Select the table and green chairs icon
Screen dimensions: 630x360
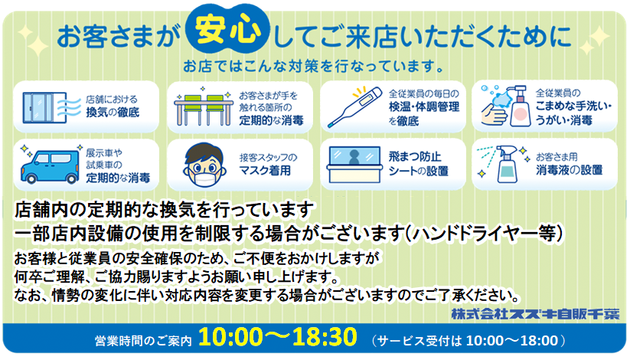204,106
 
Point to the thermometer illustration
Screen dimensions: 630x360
354,106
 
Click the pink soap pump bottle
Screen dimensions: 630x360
520,106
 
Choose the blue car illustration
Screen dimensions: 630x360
50,165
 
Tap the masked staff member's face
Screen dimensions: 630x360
204,165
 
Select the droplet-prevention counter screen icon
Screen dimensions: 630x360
354,165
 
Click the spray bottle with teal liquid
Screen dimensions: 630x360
507,165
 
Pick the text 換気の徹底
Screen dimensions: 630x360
113,112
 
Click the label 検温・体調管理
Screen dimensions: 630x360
424,106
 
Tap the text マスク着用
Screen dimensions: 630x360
265,171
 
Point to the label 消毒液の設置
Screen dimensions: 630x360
569,170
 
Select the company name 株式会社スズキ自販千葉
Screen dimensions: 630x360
535,314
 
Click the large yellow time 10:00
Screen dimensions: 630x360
230,337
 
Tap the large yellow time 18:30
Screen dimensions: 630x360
325,337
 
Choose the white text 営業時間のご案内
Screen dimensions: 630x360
143,341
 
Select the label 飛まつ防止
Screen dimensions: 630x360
415,156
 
